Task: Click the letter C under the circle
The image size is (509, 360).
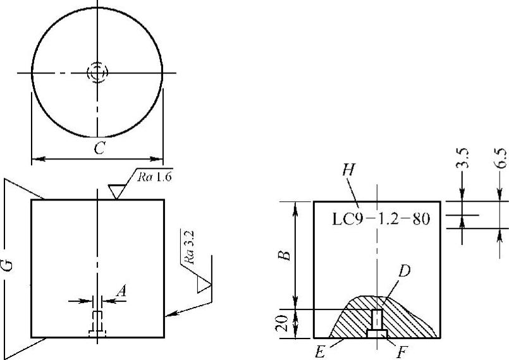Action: [99, 148]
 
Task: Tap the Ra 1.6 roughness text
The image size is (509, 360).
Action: [154, 177]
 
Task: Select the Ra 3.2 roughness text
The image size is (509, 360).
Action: [188, 247]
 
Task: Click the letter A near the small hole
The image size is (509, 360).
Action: [121, 291]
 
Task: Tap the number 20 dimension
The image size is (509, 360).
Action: [283, 323]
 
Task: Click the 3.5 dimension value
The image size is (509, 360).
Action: [463, 158]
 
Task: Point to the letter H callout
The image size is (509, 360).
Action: [348, 170]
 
